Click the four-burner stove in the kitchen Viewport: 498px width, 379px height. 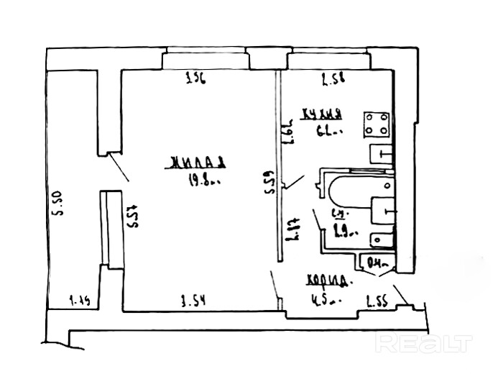377,124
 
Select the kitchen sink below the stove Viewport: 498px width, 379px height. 380,154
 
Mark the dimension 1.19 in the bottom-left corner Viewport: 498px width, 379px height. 80,299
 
